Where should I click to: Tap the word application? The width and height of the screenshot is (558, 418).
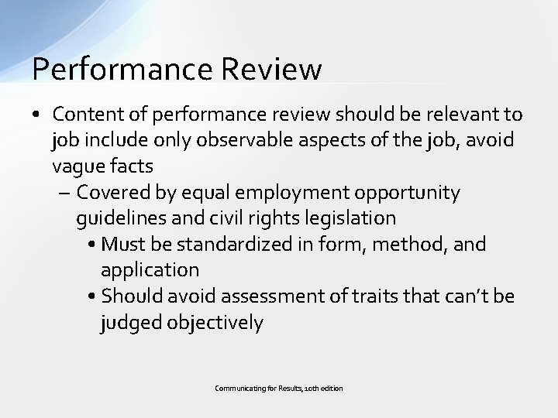(150, 270)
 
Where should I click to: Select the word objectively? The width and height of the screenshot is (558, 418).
(215, 323)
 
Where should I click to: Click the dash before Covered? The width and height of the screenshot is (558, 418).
(64, 192)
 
